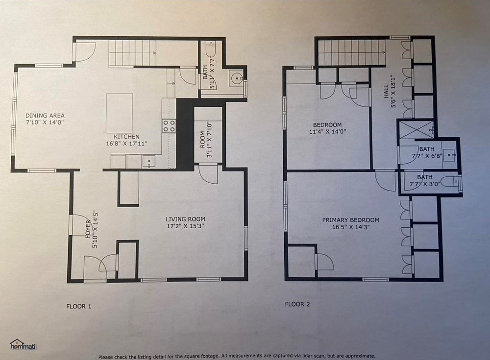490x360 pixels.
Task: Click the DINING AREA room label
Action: tap(45, 115)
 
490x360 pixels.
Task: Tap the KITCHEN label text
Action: tap(126, 137)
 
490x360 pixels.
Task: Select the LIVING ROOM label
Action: tap(185, 219)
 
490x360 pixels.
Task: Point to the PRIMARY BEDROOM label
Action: tap(351, 220)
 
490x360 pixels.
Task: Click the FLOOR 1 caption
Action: tap(79, 306)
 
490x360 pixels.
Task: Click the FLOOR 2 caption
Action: tap(297, 304)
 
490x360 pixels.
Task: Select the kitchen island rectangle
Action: tap(119, 113)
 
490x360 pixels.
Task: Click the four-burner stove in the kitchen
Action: tap(169, 125)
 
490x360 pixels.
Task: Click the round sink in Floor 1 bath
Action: tap(236, 78)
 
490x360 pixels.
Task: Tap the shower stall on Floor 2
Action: tap(416, 129)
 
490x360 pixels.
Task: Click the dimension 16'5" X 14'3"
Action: tap(351, 227)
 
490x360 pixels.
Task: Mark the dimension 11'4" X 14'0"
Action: tap(327, 132)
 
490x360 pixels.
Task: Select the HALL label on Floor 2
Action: tap(386, 91)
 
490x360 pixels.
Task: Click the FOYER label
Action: tap(88, 229)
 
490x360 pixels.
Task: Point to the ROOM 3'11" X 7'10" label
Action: tap(206, 140)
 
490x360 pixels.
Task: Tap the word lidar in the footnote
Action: tap(326, 356)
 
